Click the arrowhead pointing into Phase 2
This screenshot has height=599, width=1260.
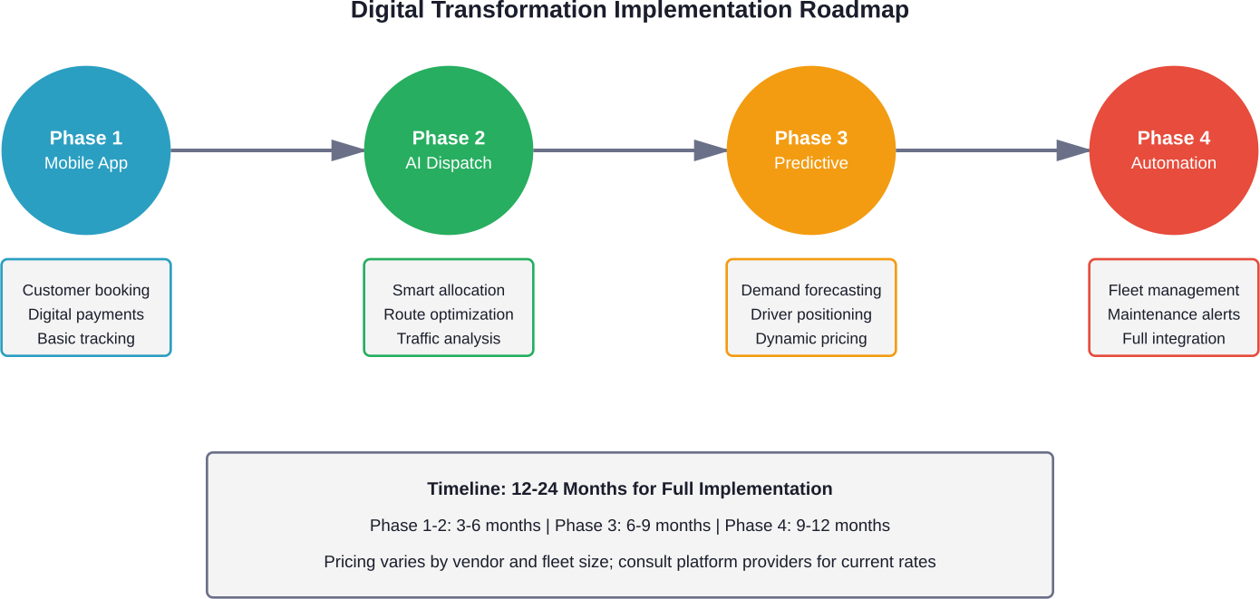click(348, 150)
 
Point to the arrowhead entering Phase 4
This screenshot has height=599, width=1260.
click(1073, 150)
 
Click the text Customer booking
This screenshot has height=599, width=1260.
click(86, 290)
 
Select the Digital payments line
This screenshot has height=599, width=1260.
click(86, 314)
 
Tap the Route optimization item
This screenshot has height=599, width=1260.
click(449, 314)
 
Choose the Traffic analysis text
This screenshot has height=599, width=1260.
click(449, 338)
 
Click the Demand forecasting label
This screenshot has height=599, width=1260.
click(811, 290)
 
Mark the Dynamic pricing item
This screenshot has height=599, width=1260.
click(811, 338)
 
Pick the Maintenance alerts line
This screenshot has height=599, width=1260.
click(1174, 314)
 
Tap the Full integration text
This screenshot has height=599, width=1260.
click(1174, 338)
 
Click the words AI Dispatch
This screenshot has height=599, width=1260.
click(449, 163)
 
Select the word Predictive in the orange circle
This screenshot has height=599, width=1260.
click(811, 163)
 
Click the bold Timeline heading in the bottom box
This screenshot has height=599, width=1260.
click(630, 488)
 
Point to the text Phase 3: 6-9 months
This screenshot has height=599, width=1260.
click(633, 526)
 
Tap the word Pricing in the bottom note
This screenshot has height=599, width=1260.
click(350, 562)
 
